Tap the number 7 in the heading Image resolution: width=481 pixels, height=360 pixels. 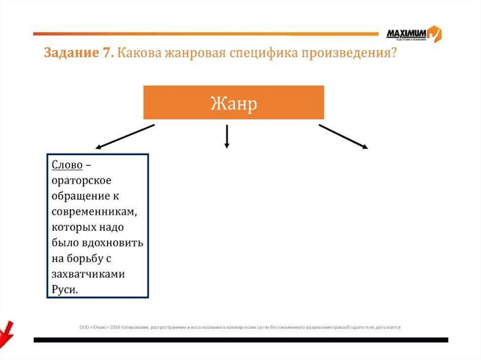[106, 53]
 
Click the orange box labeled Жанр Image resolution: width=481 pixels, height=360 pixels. [233, 102]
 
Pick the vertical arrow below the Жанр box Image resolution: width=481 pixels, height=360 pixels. [227, 136]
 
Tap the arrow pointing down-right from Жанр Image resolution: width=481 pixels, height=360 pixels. [343, 137]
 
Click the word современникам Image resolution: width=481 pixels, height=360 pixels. [94, 212]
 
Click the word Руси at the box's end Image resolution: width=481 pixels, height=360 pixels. [63, 290]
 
